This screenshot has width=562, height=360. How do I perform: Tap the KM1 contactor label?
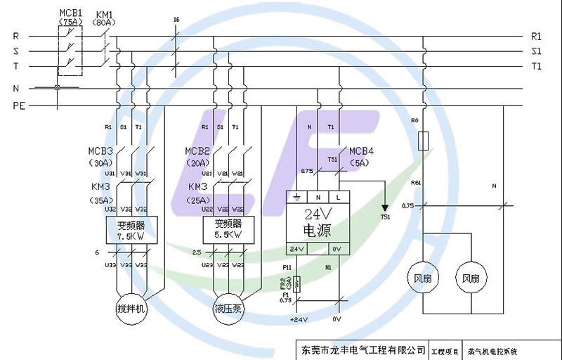coord(104,13)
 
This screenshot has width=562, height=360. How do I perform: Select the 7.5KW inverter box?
coord(131,229)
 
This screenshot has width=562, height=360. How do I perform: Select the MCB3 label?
coord(100,151)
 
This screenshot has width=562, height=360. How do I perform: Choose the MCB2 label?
coord(197,151)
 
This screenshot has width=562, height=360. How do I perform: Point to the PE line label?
coord(18,106)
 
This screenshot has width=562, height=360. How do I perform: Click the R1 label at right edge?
coord(536,35)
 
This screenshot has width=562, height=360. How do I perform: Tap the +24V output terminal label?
coord(299,319)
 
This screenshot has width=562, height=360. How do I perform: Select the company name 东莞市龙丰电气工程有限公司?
coord(363,349)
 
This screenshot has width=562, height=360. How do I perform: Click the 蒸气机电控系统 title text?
coord(495,350)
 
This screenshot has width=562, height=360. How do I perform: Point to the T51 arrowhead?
coord(384,207)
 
